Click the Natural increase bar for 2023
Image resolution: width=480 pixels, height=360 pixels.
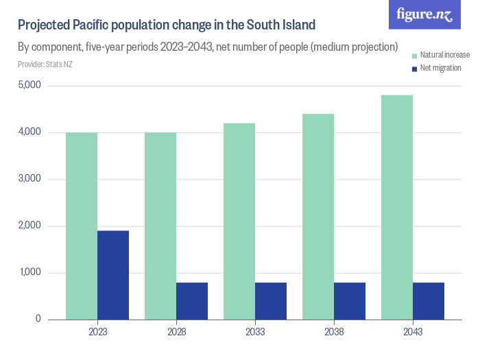(x=82, y=226)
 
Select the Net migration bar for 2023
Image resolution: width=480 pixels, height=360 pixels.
(x=113, y=275)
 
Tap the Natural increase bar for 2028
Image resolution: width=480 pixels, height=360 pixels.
(x=160, y=226)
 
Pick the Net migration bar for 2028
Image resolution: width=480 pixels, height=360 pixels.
(x=192, y=301)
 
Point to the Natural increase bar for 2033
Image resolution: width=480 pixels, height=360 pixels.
(x=239, y=221)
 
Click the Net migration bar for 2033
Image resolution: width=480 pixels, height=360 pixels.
(x=271, y=301)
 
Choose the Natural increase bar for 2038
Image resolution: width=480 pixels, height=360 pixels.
(x=318, y=217)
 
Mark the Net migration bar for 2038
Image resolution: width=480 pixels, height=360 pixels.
(x=350, y=301)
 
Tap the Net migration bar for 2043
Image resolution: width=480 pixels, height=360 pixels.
(x=429, y=301)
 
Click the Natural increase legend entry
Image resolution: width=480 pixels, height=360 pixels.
(x=440, y=54)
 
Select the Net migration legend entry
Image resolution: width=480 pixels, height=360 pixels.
(x=436, y=68)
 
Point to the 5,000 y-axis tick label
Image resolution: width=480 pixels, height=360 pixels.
(x=29, y=85)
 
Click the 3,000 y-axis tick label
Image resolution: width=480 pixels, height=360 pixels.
(x=29, y=179)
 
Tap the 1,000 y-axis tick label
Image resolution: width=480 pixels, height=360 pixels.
(x=29, y=273)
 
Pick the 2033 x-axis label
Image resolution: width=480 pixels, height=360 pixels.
(x=255, y=332)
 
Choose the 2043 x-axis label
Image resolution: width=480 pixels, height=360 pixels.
(x=413, y=332)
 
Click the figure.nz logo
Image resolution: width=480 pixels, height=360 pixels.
(x=424, y=14)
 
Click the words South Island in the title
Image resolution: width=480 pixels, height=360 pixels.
(x=278, y=25)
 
